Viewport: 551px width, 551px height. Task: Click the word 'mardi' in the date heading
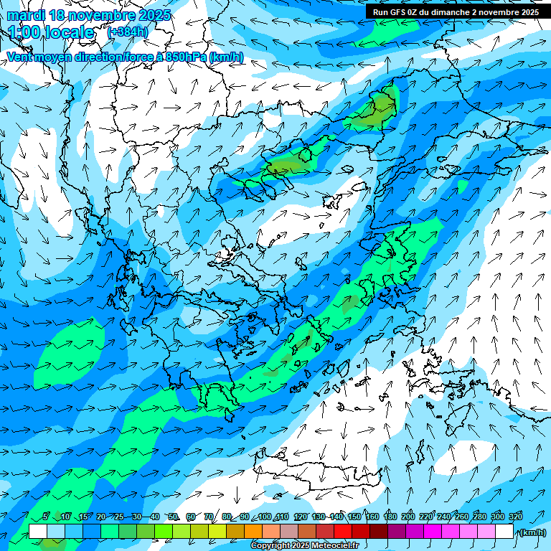click(26, 15)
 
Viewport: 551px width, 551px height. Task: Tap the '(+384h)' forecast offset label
click(128, 32)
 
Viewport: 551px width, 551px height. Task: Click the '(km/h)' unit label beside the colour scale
click(531, 532)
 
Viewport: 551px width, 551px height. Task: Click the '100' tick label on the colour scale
click(264, 517)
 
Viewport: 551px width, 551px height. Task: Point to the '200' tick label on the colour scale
click(408, 517)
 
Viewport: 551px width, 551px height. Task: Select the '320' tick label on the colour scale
click(516, 517)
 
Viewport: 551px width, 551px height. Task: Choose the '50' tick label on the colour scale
click(173, 517)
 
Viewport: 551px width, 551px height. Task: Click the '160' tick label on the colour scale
click(372, 517)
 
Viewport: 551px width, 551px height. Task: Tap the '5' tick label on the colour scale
click(46, 517)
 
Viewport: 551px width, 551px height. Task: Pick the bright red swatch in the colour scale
click(343, 532)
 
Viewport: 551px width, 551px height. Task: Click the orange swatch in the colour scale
click(253, 532)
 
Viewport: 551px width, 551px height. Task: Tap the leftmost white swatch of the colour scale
click(38, 532)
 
